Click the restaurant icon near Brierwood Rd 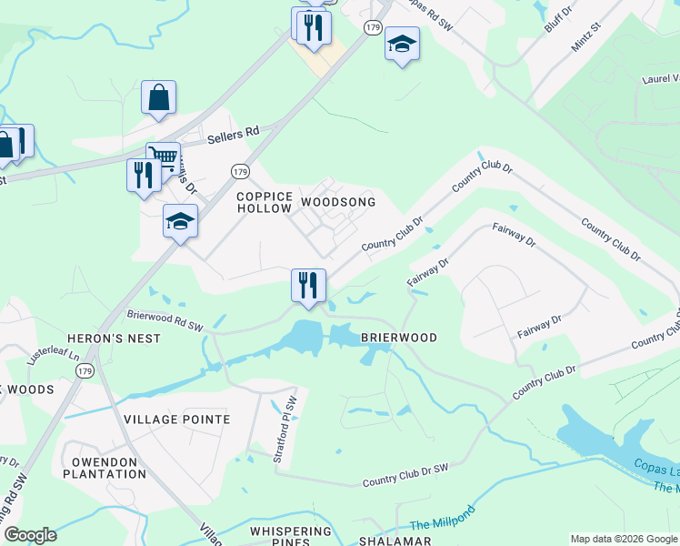point(308,285)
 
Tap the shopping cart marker point(164,157)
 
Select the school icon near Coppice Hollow point(180,221)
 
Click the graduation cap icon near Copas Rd point(402,43)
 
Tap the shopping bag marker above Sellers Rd point(158,97)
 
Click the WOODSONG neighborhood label point(338,202)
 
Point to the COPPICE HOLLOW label point(265,202)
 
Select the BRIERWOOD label point(399,338)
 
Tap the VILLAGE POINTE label point(177,420)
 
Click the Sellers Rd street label point(233,133)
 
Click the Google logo point(30,535)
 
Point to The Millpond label point(442,520)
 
